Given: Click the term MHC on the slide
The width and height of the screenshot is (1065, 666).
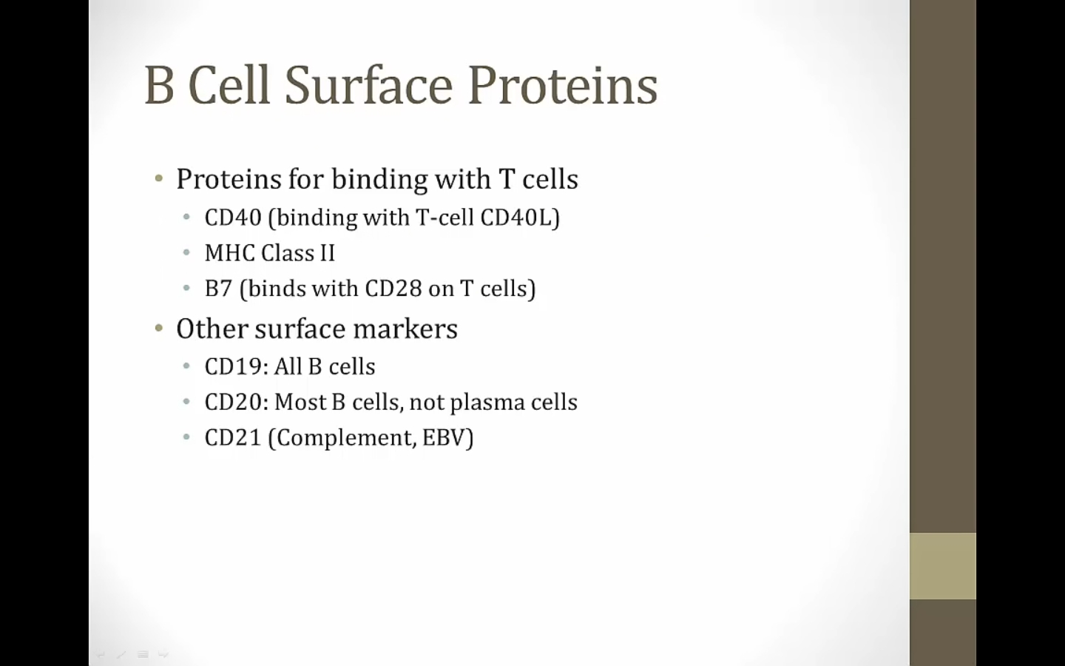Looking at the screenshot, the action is [230, 252].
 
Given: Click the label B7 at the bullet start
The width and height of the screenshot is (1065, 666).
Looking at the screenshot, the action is [218, 289].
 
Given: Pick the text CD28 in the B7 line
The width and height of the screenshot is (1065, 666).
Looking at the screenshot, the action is [393, 289].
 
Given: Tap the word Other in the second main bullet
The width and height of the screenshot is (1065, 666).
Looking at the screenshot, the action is [212, 329].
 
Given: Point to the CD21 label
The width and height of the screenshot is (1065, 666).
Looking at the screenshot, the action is [233, 437].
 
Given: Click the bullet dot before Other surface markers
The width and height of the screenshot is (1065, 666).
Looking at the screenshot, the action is [159, 329].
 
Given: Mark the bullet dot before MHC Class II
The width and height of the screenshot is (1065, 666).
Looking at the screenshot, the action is [186, 252].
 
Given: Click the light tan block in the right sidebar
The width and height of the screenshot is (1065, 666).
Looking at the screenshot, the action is [943, 566].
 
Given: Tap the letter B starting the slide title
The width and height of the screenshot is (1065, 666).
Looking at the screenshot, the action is [159, 84].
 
